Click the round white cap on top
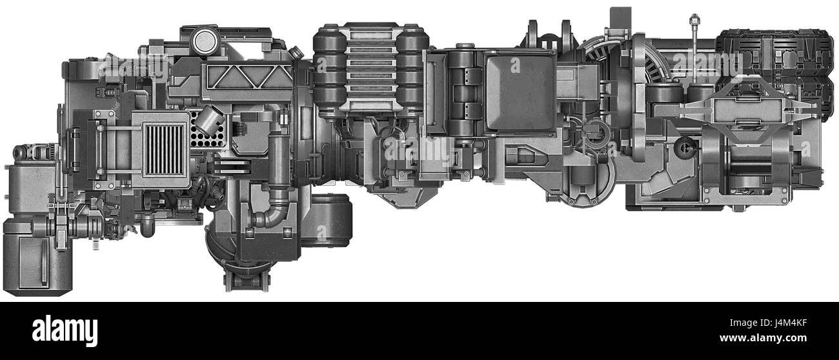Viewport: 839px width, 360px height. pos(206,41)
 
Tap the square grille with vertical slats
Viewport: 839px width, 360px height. pos(163,150)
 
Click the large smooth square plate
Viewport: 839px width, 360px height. pos(520,94)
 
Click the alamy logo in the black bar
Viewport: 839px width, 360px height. pos(65,330)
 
